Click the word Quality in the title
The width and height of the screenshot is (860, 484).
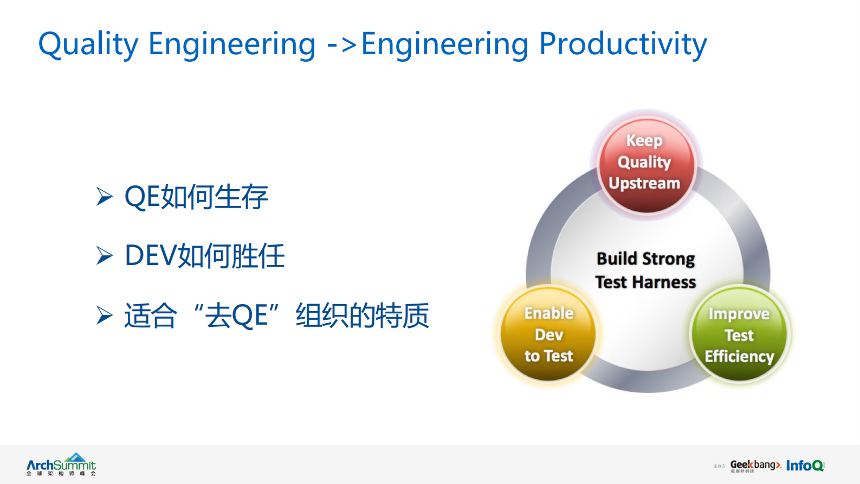click(x=88, y=44)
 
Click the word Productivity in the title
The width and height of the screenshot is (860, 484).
click(x=623, y=44)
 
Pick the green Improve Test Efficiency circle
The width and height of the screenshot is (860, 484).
click(x=739, y=334)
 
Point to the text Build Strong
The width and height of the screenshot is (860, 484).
click(x=645, y=259)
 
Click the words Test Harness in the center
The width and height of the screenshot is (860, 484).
click(x=645, y=282)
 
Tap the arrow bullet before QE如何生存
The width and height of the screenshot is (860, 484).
click(x=104, y=196)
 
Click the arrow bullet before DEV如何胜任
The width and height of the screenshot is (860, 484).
click(x=104, y=255)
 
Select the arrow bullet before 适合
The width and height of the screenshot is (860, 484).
click(x=104, y=315)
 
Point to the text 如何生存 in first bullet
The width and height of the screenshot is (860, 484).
click(x=215, y=197)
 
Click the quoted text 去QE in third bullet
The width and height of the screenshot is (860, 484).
click(x=236, y=315)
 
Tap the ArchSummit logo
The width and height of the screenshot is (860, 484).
click(x=61, y=465)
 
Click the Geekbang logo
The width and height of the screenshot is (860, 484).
click(x=755, y=466)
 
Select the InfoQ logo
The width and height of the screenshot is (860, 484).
click(x=805, y=466)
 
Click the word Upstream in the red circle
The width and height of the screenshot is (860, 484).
click(x=644, y=184)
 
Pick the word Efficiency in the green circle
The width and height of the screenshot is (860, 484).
click(x=739, y=357)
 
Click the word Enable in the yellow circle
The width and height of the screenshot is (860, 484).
click(x=548, y=313)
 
